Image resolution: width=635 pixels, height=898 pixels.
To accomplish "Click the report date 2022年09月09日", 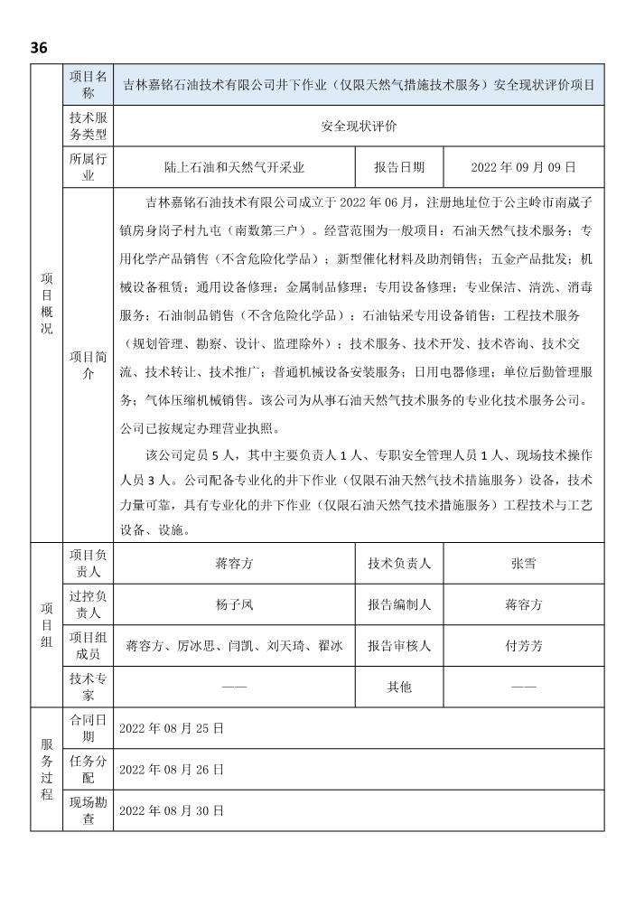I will click(523, 167).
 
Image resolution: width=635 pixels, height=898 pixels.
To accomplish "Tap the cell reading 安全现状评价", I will click(359, 126).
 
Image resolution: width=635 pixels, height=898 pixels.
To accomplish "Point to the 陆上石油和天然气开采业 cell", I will click(234, 167).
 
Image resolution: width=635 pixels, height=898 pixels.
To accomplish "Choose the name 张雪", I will click(523, 563).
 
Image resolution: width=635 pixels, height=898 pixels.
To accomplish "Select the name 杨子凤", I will click(234, 604).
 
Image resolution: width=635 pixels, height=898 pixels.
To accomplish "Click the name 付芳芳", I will click(523, 646).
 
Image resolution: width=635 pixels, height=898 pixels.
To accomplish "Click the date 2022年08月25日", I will click(172, 727).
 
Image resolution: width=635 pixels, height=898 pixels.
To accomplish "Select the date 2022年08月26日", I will click(172, 769).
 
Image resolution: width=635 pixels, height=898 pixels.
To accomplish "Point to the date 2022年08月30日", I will click(172, 810).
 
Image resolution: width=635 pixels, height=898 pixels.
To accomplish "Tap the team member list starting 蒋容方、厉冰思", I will click(234, 646).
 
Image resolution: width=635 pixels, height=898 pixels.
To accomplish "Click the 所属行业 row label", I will click(88, 167).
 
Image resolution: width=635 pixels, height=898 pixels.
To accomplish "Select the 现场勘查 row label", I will click(88, 810).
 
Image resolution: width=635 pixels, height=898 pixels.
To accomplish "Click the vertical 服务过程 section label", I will click(46, 769).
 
